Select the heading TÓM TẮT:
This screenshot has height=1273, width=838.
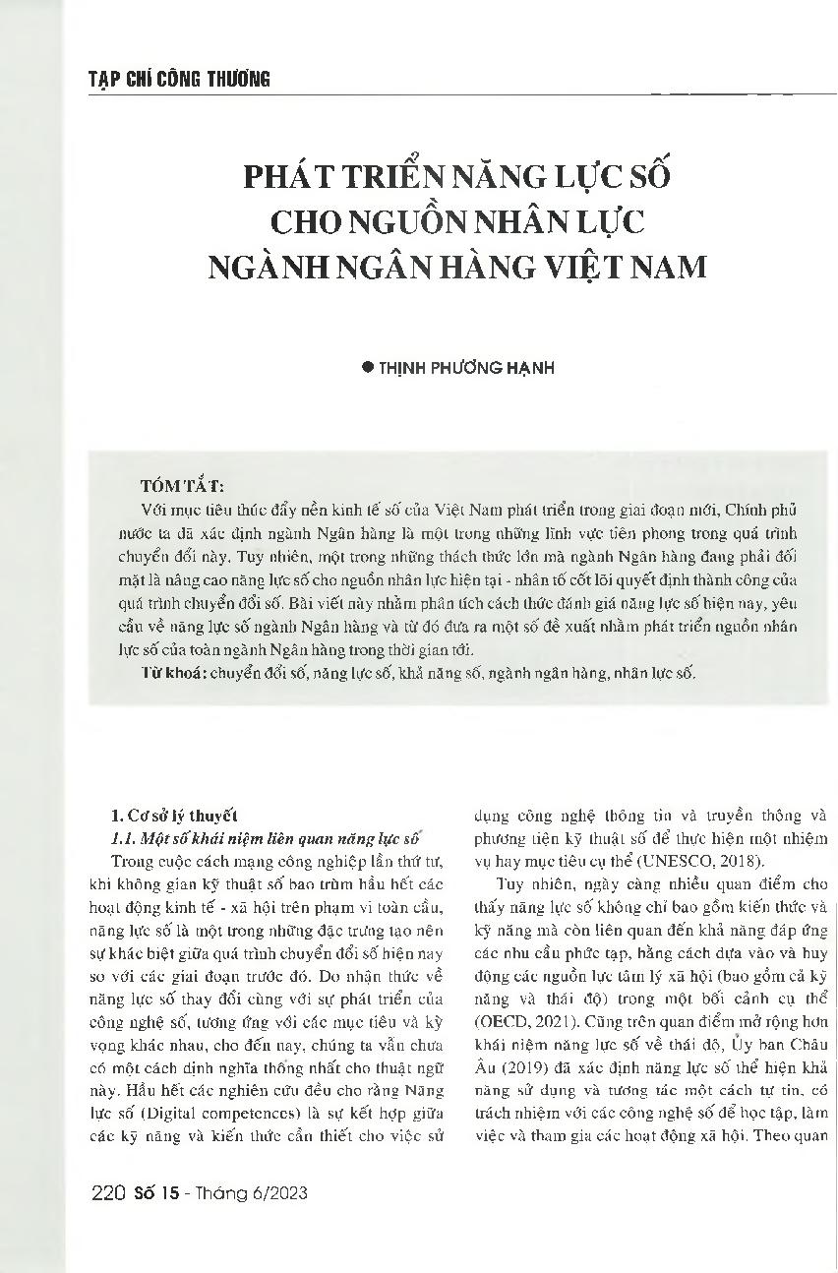tap(182, 486)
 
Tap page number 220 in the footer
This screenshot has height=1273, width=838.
tap(105, 1194)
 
